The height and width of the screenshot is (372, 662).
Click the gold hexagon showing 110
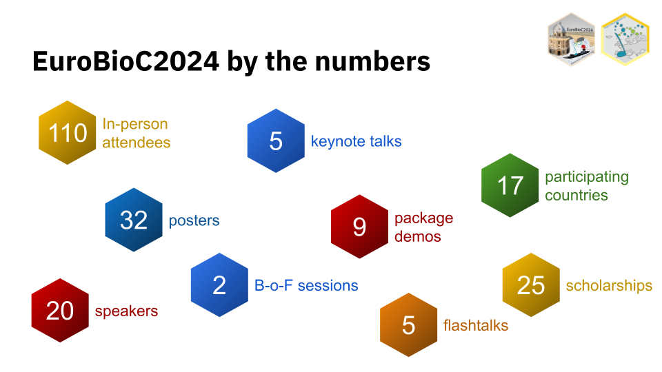tap(67, 132)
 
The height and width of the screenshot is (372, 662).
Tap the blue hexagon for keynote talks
tap(276, 141)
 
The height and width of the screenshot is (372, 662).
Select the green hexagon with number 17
tap(510, 185)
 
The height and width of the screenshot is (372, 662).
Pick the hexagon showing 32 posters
tap(133, 220)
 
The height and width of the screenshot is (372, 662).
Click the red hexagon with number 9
tap(359, 227)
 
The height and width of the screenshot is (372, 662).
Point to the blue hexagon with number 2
tap(219, 285)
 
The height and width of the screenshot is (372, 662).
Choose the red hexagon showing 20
tap(60, 311)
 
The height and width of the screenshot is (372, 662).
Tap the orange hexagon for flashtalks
tap(408, 324)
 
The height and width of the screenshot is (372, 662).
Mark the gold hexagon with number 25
tap(531, 285)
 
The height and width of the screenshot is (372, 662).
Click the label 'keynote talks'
tap(356, 141)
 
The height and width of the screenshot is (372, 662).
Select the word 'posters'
tap(194, 220)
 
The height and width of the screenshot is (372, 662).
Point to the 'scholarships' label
tap(609, 285)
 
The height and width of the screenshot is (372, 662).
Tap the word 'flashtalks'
tap(475, 326)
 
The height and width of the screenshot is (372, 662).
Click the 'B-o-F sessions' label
tap(306, 285)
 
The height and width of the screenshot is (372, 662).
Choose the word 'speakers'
tap(126, 311)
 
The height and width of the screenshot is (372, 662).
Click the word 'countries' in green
tap(576, 195)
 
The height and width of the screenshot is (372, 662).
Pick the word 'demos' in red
tap(418, 236)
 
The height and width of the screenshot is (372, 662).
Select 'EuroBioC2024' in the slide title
tap(126, 61)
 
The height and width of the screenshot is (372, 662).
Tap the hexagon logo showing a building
tap(571, 39)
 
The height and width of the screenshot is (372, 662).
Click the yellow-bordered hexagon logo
tap(625, 39)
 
